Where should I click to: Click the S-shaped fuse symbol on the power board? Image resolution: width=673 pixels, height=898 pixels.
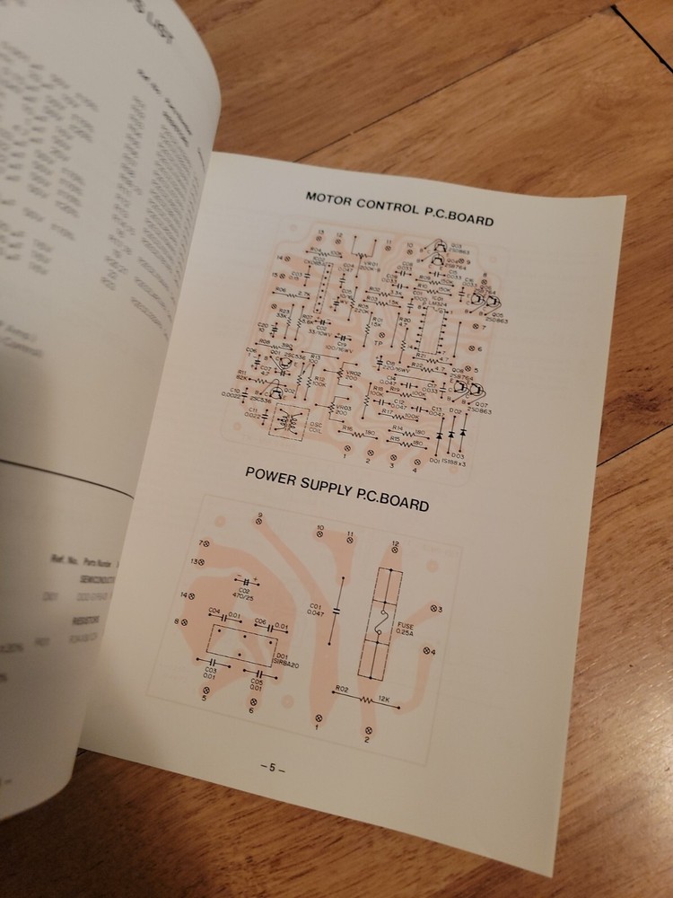coord(380,621)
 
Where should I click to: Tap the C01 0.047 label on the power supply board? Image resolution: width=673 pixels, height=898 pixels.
coord(314,612)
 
